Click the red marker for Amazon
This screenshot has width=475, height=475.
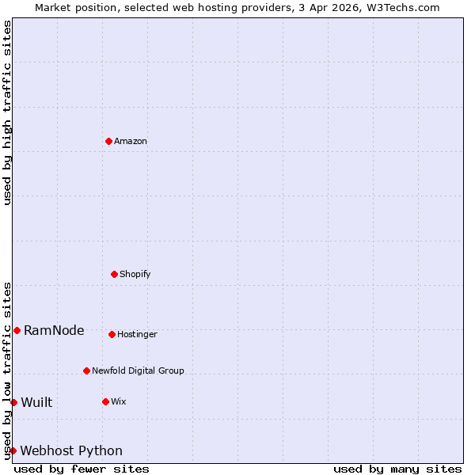click(x=108, y=141)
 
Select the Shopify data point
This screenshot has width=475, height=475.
click(x=114, y=274)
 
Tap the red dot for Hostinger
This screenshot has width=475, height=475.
click(x=112, y=334)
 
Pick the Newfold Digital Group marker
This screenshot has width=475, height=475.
click(x=86, y=370)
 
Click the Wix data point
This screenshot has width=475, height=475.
click(x=105, y=401)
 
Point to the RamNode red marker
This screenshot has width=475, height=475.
click(x=17, y=330)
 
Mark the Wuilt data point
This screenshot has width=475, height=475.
click(x=13, y=402)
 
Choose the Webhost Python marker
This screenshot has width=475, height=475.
click(x=13, y=450)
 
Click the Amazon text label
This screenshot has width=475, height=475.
click(x=131, y=141)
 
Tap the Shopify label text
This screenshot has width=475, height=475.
click(x=135, y=274)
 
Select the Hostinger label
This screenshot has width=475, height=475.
click(x=138, y=334)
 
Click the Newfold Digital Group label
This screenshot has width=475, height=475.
click(x=138, y=370)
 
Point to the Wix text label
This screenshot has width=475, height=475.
click(x=119, y=401)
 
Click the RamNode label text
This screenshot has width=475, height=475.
click(x=54, y=331)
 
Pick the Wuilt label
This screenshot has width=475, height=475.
click(x=36, y=403)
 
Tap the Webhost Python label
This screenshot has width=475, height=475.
click(x=71, y=451)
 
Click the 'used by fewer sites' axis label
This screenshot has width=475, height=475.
click(x=82, y=469)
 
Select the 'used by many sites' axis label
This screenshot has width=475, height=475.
click(x=397, y=469)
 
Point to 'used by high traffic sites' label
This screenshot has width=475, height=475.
click(x=7, y=112)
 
